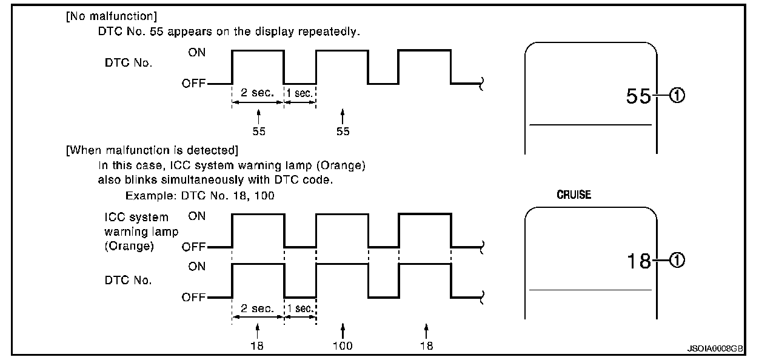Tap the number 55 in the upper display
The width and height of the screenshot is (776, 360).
pos(638,96)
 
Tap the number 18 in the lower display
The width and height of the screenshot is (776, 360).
pos(638,261)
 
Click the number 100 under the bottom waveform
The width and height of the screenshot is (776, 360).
pos(343,346)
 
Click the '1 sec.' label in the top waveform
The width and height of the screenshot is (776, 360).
pos(300,94)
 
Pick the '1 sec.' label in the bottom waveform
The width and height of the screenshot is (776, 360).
pos(300,308)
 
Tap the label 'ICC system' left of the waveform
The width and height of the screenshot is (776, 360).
pos(136,217)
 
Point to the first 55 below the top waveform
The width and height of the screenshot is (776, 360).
pos(259,132)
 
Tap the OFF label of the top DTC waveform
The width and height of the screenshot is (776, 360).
pos(193,83)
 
